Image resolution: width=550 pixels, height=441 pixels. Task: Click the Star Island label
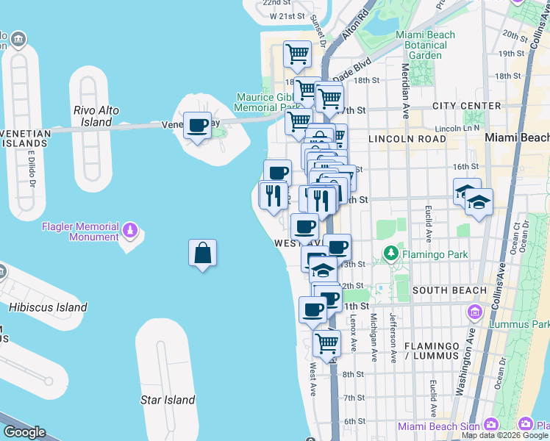[x=168, y=400]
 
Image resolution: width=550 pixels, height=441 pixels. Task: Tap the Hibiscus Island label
[x=49, y=307]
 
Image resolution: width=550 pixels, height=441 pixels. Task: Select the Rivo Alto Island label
[x=96, y=115]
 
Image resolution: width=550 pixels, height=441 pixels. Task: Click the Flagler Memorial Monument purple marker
[x=130, y=230]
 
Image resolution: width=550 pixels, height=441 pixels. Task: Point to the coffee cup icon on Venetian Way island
[x=197, y=126]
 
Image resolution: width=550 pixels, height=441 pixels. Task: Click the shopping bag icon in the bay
[x=202, y=254]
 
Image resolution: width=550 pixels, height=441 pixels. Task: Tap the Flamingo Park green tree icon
[x=390, y=254]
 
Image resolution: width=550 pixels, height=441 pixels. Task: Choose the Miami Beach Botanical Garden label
[x=425, y=45]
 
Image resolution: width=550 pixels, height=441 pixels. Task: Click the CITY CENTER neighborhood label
[x=466, y=106]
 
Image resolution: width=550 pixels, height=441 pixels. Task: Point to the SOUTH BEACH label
[x=449, y=290]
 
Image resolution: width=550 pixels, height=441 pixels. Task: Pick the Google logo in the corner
[x=24, y=432]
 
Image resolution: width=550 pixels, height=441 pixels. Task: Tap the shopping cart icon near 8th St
[x=326, y=343]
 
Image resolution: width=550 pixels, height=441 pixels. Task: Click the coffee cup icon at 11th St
[x=312, y=309]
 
